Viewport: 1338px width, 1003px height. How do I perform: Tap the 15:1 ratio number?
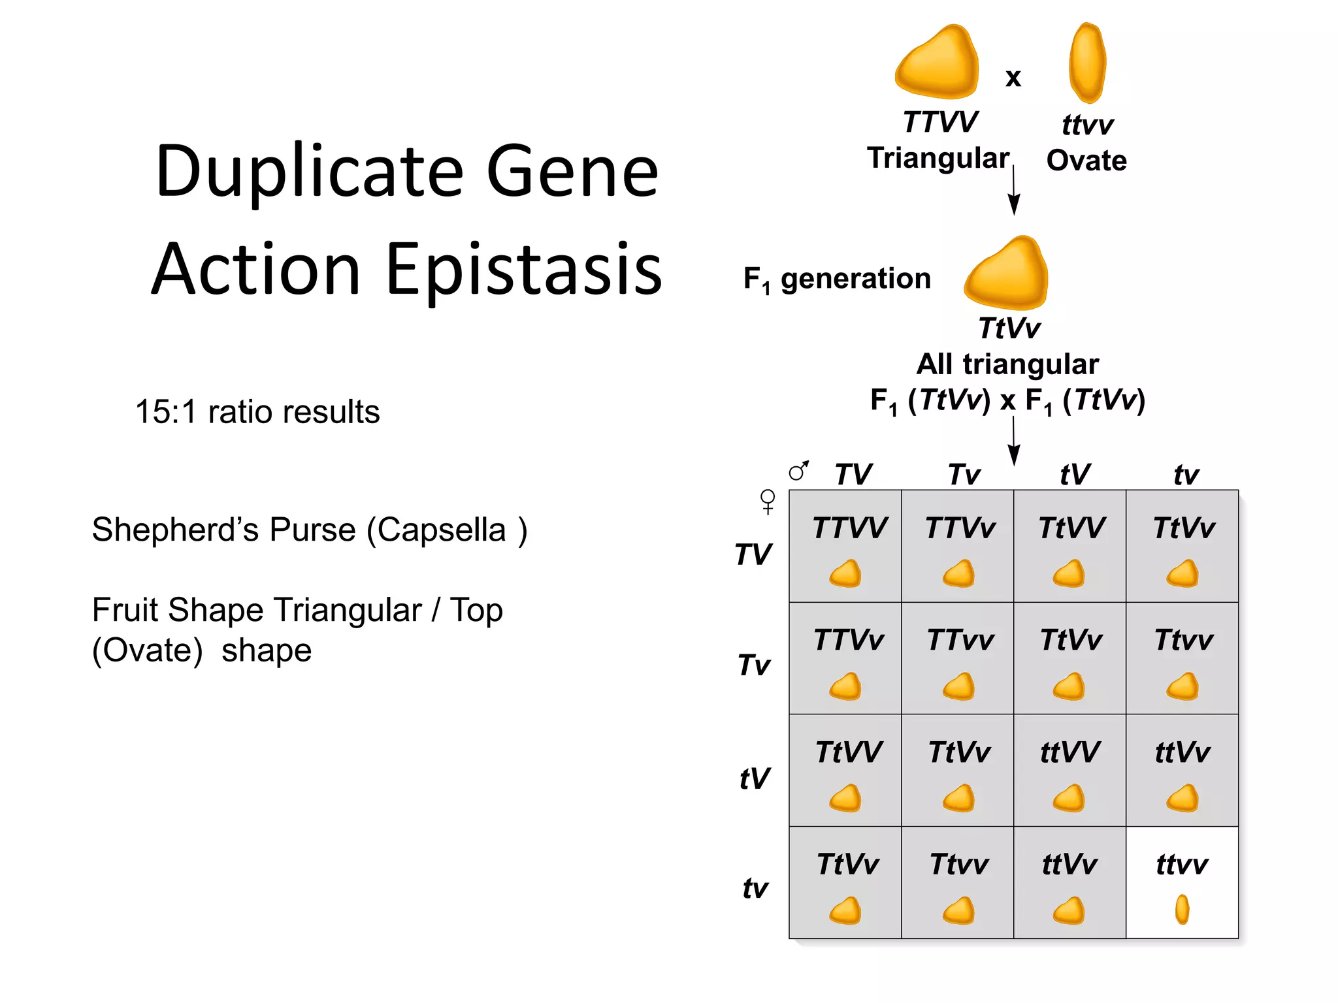(165, 412)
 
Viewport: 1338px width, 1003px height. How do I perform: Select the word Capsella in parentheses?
(442, 530)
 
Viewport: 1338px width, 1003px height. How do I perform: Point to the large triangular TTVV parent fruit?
(938, 63)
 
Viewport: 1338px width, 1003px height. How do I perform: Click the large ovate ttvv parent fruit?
(1087, 63)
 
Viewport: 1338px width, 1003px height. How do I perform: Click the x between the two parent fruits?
(1013, 78)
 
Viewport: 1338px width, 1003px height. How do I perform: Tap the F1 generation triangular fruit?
(1007, 274)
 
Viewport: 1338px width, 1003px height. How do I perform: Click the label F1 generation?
(837, 279)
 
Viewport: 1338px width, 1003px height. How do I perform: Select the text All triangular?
(1007, 364)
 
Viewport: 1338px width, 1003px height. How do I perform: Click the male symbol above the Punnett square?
(798, 470)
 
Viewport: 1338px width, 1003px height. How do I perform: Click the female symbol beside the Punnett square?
(768, 501)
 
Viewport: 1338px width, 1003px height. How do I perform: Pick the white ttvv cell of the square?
(1182, 882)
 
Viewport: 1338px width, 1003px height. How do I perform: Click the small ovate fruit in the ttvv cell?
(1182, 910)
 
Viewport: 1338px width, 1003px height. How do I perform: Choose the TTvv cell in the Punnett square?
(958, 658)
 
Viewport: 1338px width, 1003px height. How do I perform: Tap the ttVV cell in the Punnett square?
(1069, 770)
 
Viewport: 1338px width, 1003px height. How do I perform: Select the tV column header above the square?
(1075, 475)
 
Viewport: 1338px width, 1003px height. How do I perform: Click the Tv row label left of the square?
(755, 665)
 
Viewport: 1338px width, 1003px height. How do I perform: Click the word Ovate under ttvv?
(1086, 161)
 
